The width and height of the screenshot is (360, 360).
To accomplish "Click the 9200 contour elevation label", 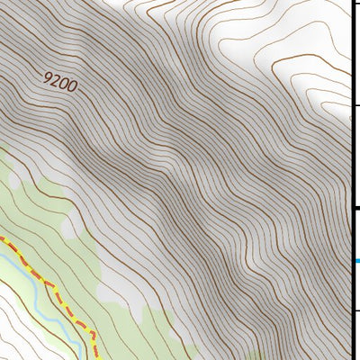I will (x=60, y=82).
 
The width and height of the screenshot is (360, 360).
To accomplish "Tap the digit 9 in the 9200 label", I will (x=48, y=76).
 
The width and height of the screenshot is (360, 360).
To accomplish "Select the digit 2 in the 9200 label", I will (x=56, y=80).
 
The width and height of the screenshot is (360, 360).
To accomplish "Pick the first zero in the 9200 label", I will (x=65, y=84).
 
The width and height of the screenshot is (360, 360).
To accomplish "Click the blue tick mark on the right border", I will (x=356, y=261).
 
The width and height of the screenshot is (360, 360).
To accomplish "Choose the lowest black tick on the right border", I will (x=356, y=310).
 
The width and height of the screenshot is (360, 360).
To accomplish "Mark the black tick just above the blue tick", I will (x=356, y=209).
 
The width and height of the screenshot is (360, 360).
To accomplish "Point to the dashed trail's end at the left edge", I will (x=2, y=240).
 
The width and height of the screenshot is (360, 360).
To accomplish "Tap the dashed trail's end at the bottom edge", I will (x=94, y=357).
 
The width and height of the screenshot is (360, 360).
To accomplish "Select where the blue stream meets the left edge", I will (x=2, y=257).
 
